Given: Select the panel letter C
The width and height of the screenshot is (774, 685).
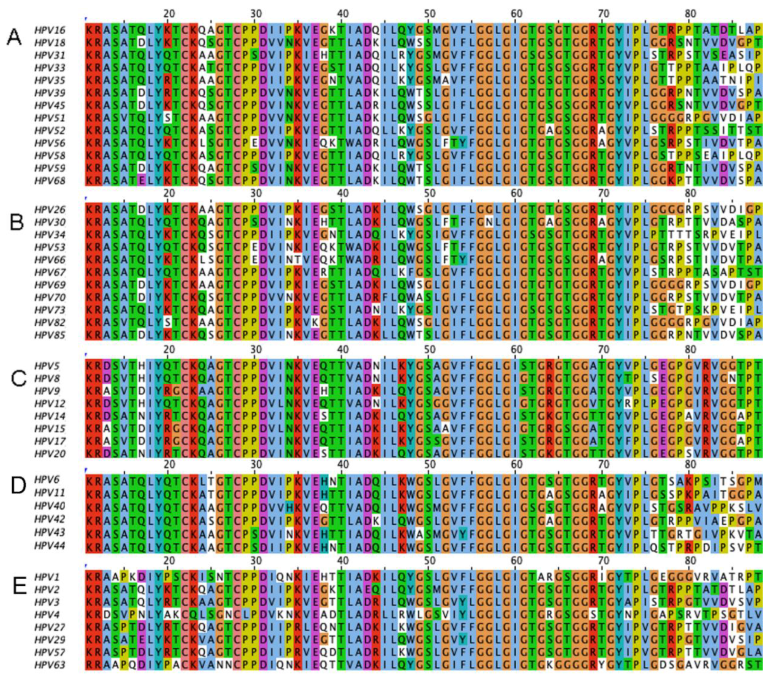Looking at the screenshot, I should click(x=18, y=379).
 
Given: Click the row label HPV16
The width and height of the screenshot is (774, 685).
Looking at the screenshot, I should click(x=49, y=30).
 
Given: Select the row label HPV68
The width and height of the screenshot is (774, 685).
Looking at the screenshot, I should click(x=49, y=181).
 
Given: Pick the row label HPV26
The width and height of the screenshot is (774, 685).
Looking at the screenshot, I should click(x=49, y=210).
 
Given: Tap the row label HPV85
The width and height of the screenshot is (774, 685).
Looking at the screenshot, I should click(x=49, y=335).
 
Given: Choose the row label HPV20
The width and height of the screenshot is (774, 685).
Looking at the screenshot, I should click(x=49, y=454).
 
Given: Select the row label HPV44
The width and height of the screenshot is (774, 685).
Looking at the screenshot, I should click(x=49, y=546).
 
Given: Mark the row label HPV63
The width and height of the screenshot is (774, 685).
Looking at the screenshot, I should click(x=49, y=665).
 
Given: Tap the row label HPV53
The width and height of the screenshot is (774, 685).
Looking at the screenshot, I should click(x=49, y=247).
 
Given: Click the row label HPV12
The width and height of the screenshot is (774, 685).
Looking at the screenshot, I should click(x=49, y=403).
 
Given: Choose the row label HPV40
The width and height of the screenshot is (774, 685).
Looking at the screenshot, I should click(x=49, y=506).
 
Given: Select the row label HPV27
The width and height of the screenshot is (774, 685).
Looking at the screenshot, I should click(x=49, y=627).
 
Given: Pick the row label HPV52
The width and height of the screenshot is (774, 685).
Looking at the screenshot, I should click(x=49, y=131).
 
